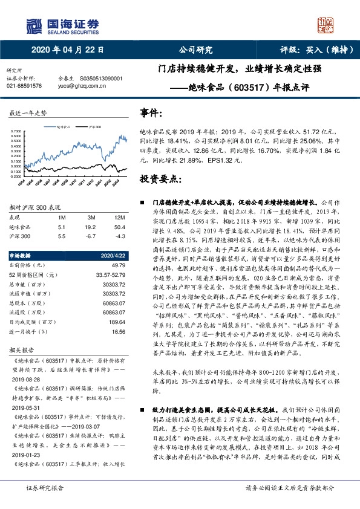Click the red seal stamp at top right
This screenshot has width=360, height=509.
326,25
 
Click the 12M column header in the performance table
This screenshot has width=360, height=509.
119,216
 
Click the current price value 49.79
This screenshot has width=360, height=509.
119,265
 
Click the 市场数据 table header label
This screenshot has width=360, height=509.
24,255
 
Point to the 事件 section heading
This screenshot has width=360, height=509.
151,112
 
